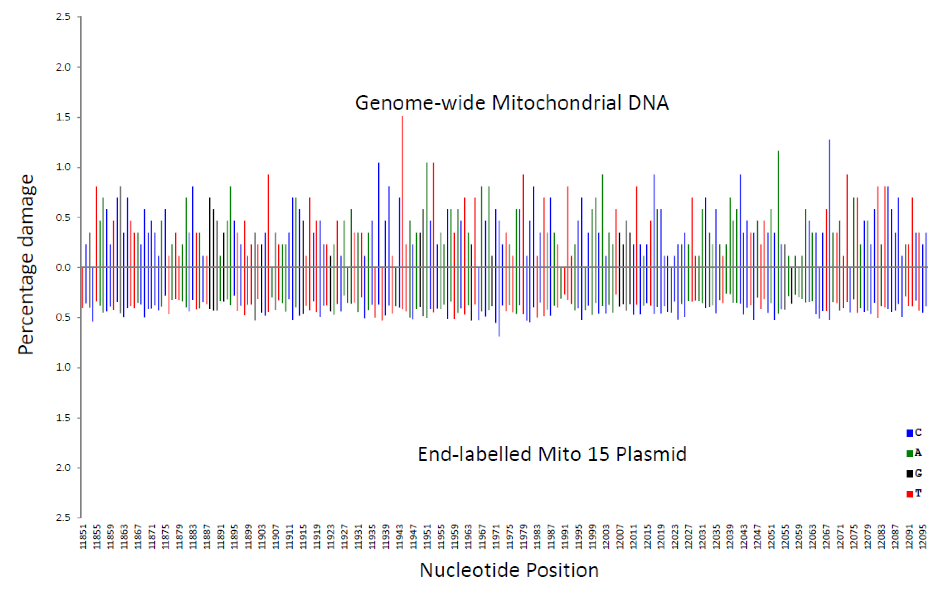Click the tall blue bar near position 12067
(829, 203)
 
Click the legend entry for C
(914, 432)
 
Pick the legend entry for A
(914, 453)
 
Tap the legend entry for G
(914, 473)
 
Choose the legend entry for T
(914, 494)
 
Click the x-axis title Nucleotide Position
(509, 570)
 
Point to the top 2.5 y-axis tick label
(63, 17)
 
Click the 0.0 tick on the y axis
(63, 267)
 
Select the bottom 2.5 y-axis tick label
(63, 517)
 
